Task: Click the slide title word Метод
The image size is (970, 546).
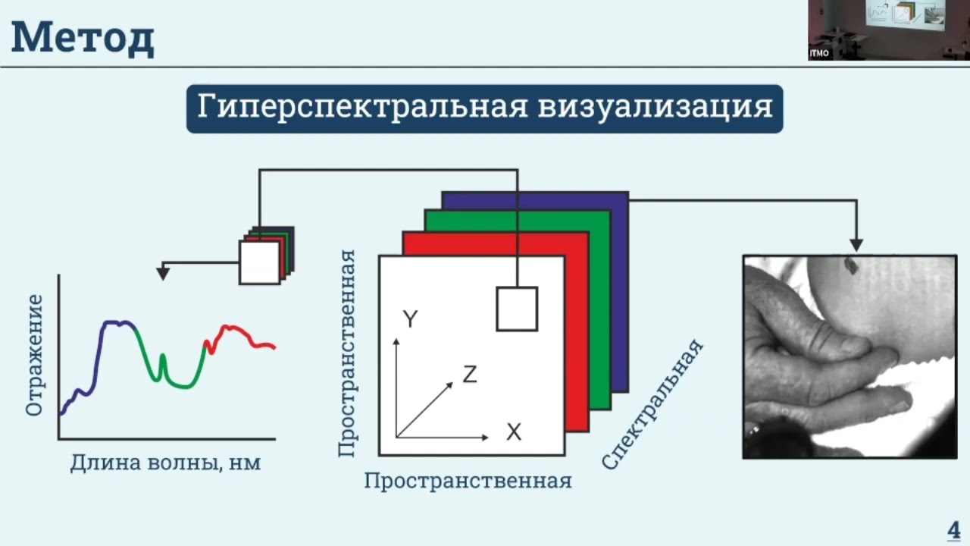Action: [x=83, y=38]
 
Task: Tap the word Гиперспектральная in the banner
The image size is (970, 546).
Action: [x=362, y=107]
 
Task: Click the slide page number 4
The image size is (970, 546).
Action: [x=953, y=529]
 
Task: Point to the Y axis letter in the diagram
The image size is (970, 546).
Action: [x=410, y=319]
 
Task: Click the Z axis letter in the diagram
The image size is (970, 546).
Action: [x=470, y=374]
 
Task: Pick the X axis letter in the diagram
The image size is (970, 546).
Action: [x=514, y=432]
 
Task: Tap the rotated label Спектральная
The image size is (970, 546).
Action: [x=653, y=404]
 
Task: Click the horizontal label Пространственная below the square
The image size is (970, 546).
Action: [x=468, y=481]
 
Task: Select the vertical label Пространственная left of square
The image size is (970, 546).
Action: [x=346, y=353]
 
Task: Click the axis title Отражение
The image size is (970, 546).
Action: [x=34, y=355]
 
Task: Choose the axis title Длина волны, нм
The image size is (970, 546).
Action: [x=165, y=463]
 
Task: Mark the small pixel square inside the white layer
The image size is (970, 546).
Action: [x=517, y=309]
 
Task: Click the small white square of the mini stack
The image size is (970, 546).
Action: [x=259, y=262]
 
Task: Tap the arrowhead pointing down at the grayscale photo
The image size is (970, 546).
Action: [x=856, y=244]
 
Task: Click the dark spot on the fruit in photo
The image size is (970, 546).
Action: [x=850, y=265]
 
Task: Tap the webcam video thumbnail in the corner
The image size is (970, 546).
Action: [x=888, y=30]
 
